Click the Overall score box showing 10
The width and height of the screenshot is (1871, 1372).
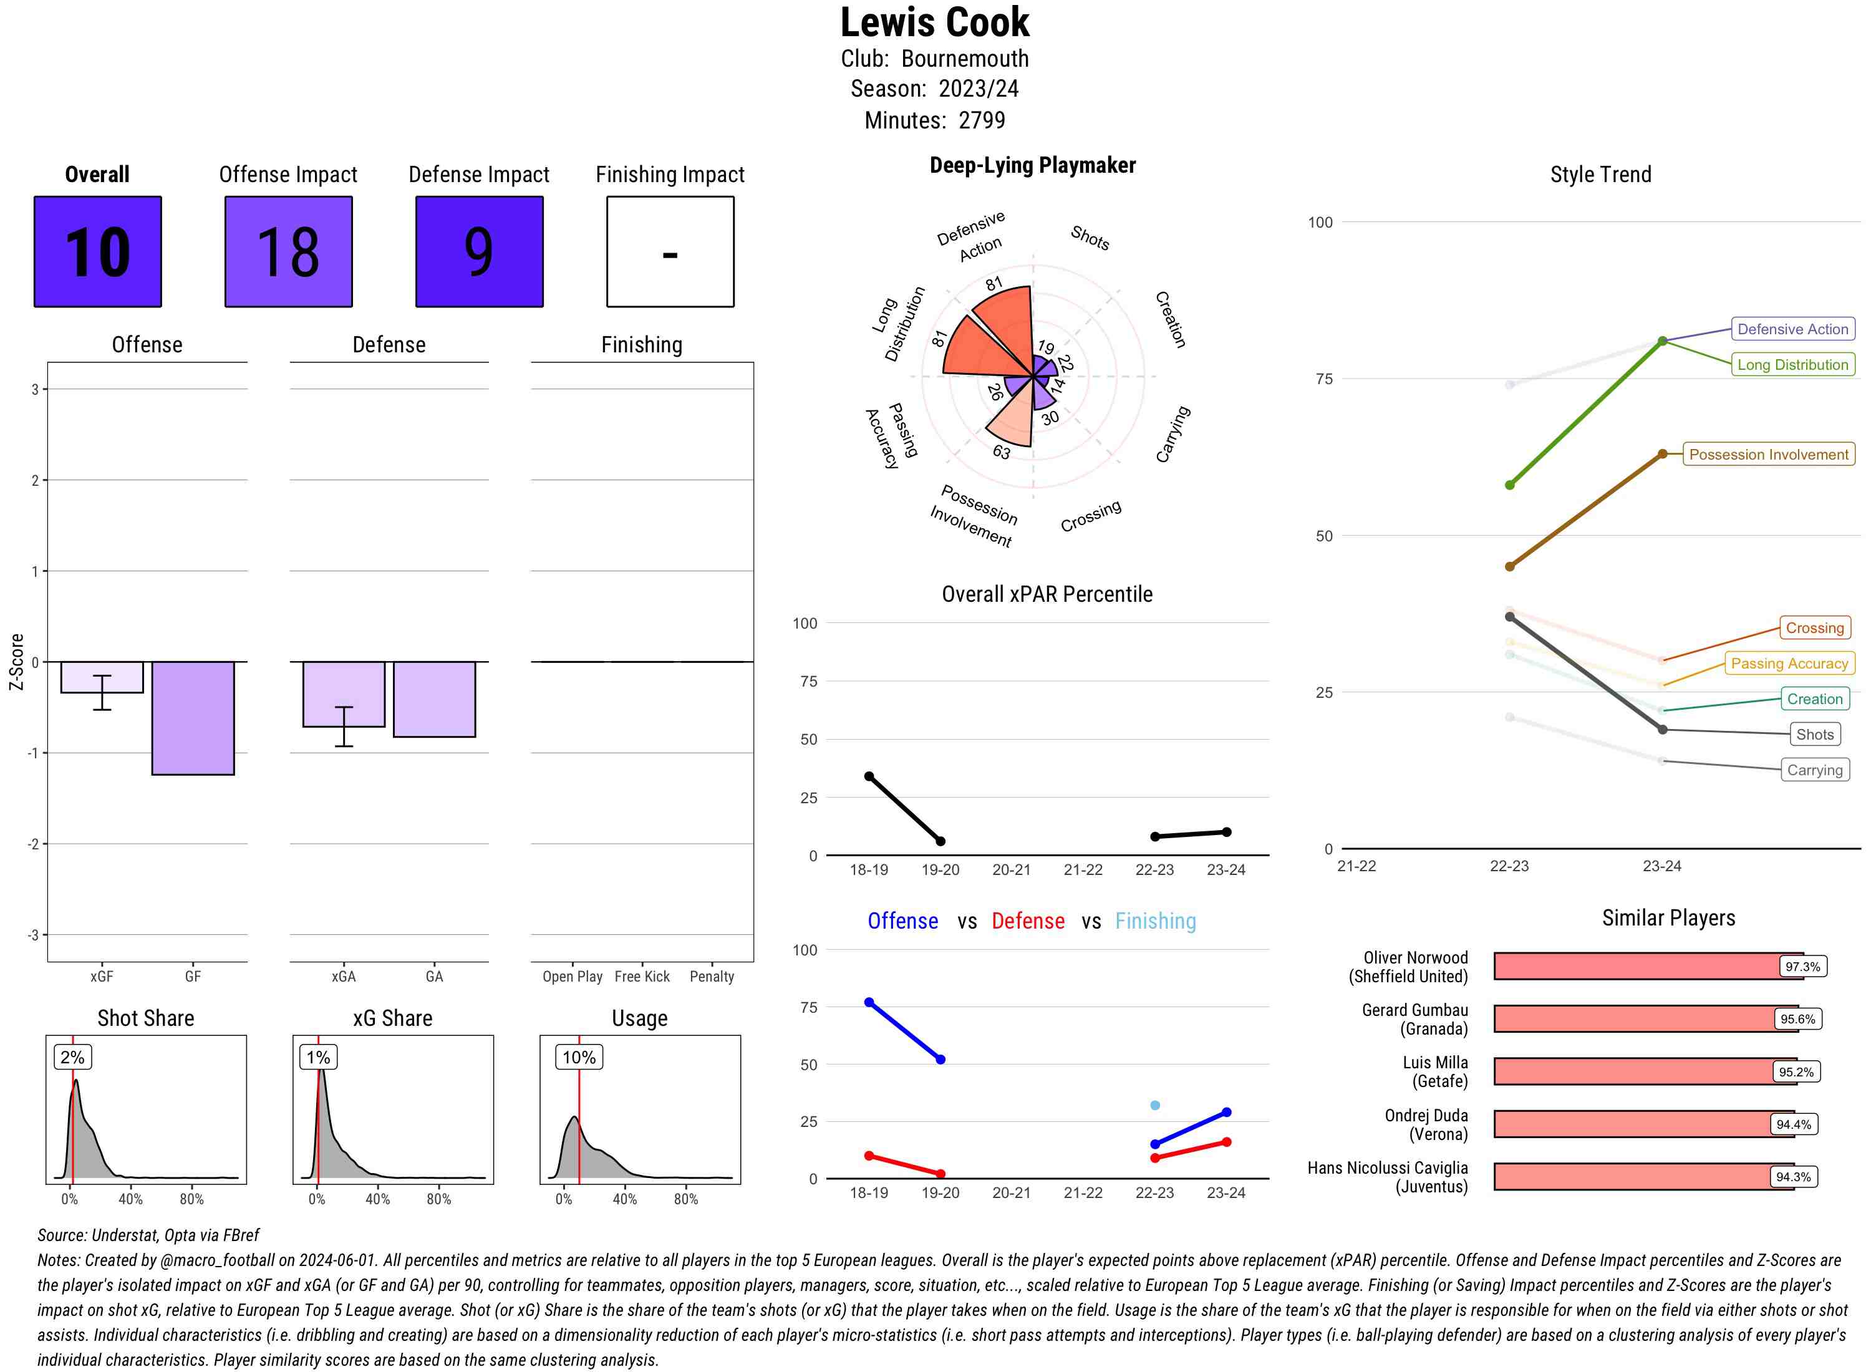tap(97, 252)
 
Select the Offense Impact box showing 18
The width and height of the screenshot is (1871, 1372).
tap(288, 252)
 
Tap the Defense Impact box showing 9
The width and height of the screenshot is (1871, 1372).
tap(479, 252)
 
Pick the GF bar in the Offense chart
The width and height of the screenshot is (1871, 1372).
tap(193, 718)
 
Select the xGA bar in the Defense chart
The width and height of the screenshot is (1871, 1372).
tap(343, 694)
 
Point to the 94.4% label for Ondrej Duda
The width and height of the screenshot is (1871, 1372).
tap(1793, 1124)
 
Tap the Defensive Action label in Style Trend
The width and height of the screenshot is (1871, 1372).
tap(1792, 329)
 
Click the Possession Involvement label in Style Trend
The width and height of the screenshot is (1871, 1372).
tap(1768, 454)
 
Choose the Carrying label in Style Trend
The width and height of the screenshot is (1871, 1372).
tap(1814, 770)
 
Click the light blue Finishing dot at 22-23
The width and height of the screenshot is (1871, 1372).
tap(1154, 1106)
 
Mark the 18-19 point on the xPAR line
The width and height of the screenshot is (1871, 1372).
tap(869, 776)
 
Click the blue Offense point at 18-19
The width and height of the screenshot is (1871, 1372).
tap(869, 1002)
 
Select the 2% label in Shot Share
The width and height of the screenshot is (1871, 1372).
tap(72, 1057)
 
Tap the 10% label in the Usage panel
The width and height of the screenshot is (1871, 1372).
tap(579, 1057)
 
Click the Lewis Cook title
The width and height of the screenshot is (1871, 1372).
tap(934, 22)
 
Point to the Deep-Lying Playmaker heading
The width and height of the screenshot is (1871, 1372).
tap(1032, 165)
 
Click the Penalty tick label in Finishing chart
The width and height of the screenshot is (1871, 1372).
tap(712, 977)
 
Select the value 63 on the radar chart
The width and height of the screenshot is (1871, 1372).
tap(1002, 452)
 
